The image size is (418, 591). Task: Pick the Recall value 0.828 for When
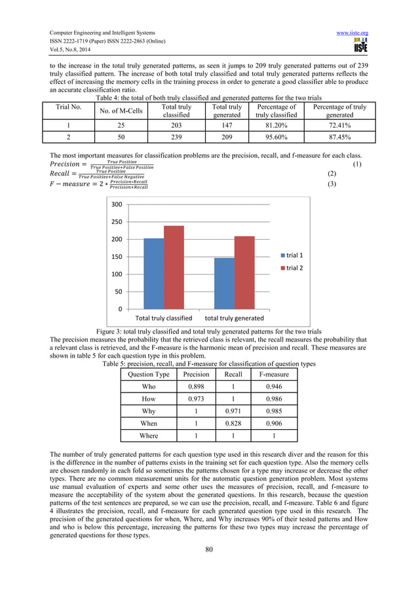tap(233, 424)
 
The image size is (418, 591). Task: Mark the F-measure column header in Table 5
tap(275, 375)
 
